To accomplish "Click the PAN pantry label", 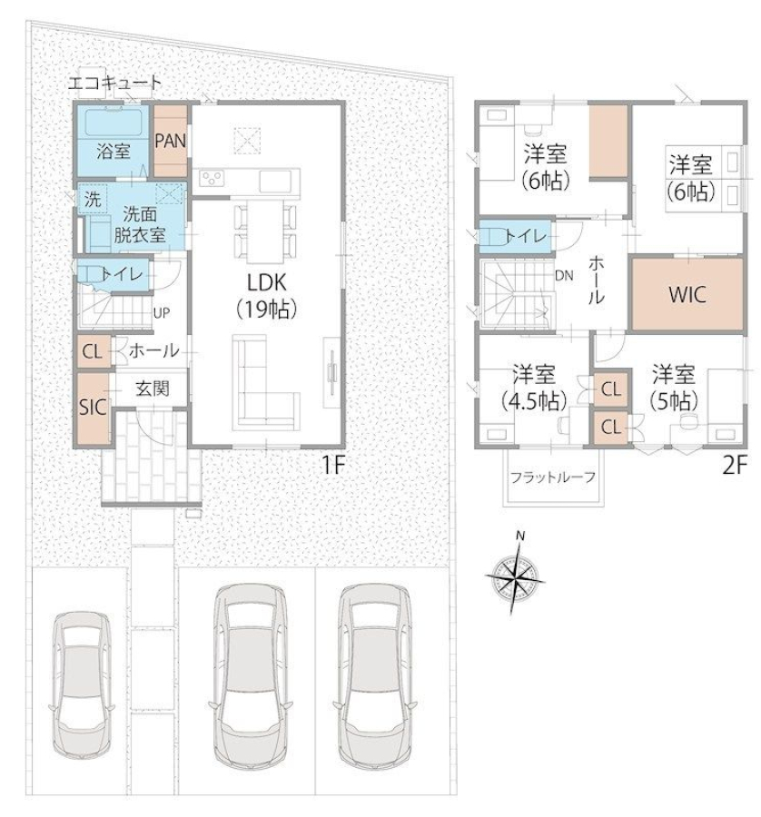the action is click(x=171, y=141).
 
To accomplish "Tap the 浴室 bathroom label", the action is click(x=114, y=152).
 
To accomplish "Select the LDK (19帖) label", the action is click(x=266, y=295).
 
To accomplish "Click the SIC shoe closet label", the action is click(x=93, y=408).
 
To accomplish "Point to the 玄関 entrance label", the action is click(x=153, y=389).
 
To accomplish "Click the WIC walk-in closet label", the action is click(x=687, y=295).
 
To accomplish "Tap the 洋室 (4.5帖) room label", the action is click(x=534, y=388).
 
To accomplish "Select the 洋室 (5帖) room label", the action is click(x=674, y=388).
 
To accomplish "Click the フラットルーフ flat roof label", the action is click(x=552, y=477).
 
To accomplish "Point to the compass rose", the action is click(x=516, y=576).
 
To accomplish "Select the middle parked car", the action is click(x=251, y=675).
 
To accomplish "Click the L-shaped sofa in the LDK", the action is click(x=266, y=383).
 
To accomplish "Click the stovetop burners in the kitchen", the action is click(x=211, y=178).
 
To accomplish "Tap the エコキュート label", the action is click(x=115, y=83).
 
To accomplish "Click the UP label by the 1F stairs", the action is click(x=162, y=313).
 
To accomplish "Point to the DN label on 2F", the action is click(x=564, y=276).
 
